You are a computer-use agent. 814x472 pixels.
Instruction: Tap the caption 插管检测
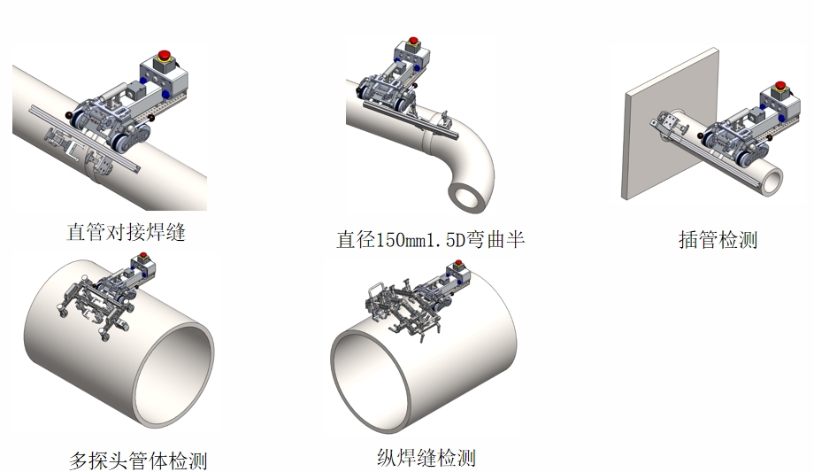pos(718,239)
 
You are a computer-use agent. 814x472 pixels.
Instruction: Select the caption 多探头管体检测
pos(138,460)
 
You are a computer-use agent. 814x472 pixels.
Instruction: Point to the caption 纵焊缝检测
pos(426,457)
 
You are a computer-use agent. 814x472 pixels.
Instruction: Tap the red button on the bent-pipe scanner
pos(412,41)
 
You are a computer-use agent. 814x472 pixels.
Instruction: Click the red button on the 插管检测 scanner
pos(779,87)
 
